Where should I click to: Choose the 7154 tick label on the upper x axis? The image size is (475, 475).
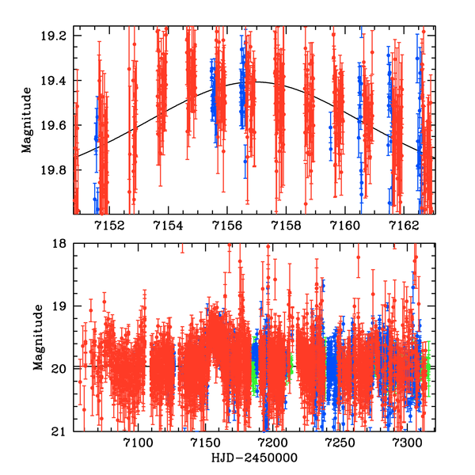[167, 226]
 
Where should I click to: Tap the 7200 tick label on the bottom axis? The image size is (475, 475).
[272, 443]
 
